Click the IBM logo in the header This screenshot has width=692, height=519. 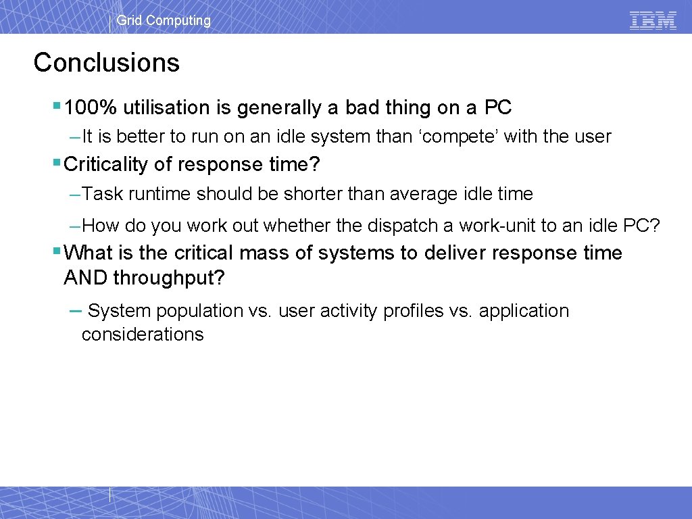653,20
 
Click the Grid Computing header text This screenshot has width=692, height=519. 164,20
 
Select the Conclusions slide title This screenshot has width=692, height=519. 107,62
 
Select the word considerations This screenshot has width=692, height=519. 143,335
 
